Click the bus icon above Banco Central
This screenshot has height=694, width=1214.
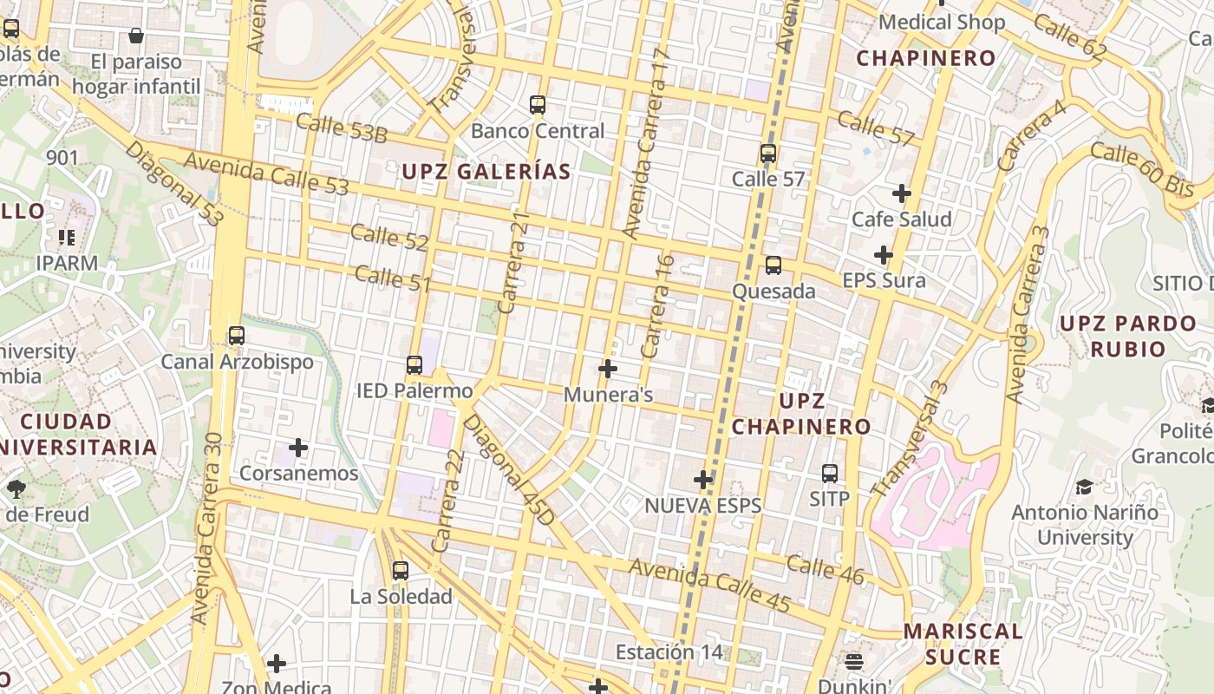(538, 105)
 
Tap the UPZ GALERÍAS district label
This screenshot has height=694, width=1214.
(486, 172)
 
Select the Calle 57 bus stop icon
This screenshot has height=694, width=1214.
(767, 154)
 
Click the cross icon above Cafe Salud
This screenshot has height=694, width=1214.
(902, 193)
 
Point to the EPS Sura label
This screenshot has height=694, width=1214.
(884, 280)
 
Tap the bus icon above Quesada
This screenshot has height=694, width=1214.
(773, 265)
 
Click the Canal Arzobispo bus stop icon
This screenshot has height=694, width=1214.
(237, 336)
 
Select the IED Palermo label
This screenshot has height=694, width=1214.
(414, 390)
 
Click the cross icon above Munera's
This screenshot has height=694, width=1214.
(608, 369)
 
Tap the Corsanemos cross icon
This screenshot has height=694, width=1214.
(298, 448)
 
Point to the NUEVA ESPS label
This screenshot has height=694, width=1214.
(702, 506)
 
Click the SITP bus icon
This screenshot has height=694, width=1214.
(830, 474)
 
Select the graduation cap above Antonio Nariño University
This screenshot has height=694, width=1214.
(1084, 487)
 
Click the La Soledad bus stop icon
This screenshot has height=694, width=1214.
(400, 571)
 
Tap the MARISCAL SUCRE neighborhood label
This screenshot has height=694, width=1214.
(963, 644)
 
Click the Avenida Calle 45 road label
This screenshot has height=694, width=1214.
(709, 586)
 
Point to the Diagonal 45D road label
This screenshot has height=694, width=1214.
(509, 469)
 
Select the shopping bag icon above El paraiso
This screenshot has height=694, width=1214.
(136, 36)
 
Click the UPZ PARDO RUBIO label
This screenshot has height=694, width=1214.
(1127, 337)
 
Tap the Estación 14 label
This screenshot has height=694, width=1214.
(668, 651)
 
